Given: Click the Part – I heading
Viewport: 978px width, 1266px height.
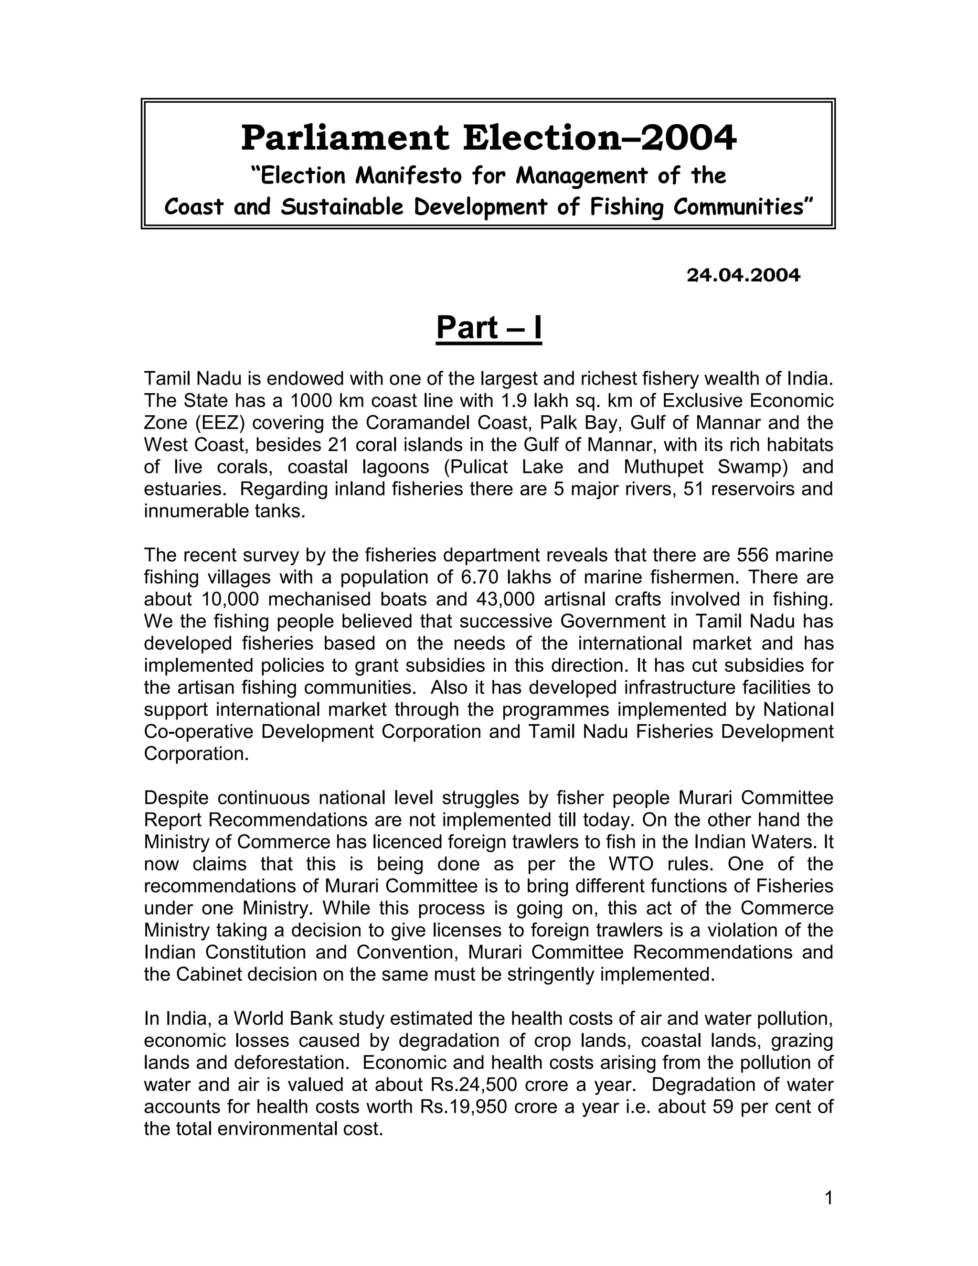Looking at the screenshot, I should pos(489,328).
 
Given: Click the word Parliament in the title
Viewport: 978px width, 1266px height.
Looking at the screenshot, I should pos(345,138).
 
